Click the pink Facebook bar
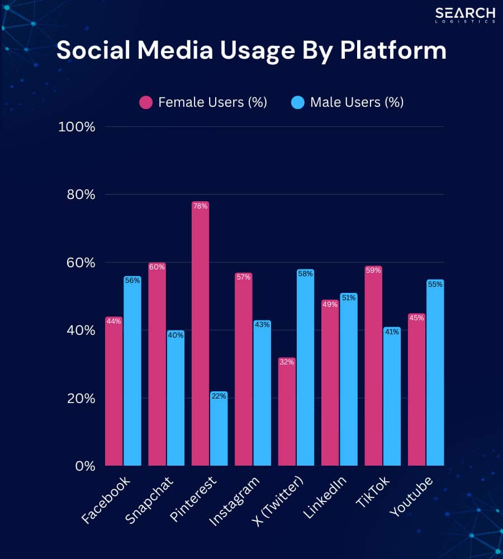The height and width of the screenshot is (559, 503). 113,391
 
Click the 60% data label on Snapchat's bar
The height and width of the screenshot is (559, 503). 157,267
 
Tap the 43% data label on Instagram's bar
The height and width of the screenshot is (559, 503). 262,325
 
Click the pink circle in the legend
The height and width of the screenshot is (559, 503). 146,102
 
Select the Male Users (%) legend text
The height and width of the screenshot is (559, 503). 357,102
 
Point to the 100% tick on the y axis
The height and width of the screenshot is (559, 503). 77,127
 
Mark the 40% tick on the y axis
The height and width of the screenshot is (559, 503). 81,330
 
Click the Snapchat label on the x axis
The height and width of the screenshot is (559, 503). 150,500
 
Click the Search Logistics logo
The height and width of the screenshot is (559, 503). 466,15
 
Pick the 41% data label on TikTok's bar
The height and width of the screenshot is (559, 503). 392,331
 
